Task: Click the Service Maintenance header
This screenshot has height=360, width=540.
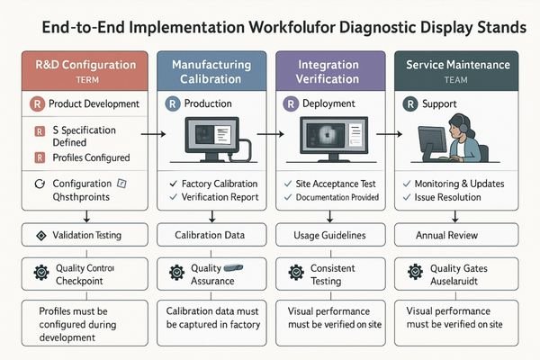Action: click(457, 71)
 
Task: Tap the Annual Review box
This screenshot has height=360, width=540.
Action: click(457, 236)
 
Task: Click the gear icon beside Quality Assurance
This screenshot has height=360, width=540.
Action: click(176, 272)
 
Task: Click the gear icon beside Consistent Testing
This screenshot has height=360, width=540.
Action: click(293, 272)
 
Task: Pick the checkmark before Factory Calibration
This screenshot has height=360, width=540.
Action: click(173, 184)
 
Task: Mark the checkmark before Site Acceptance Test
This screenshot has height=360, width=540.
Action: click(291, 184)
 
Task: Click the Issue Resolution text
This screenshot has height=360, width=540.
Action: click(463, 197)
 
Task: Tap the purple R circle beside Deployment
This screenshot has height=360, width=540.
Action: click(291, 104)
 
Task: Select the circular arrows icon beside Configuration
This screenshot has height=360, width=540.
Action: click(38, 183)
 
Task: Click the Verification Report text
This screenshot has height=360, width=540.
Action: click(217, 197)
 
